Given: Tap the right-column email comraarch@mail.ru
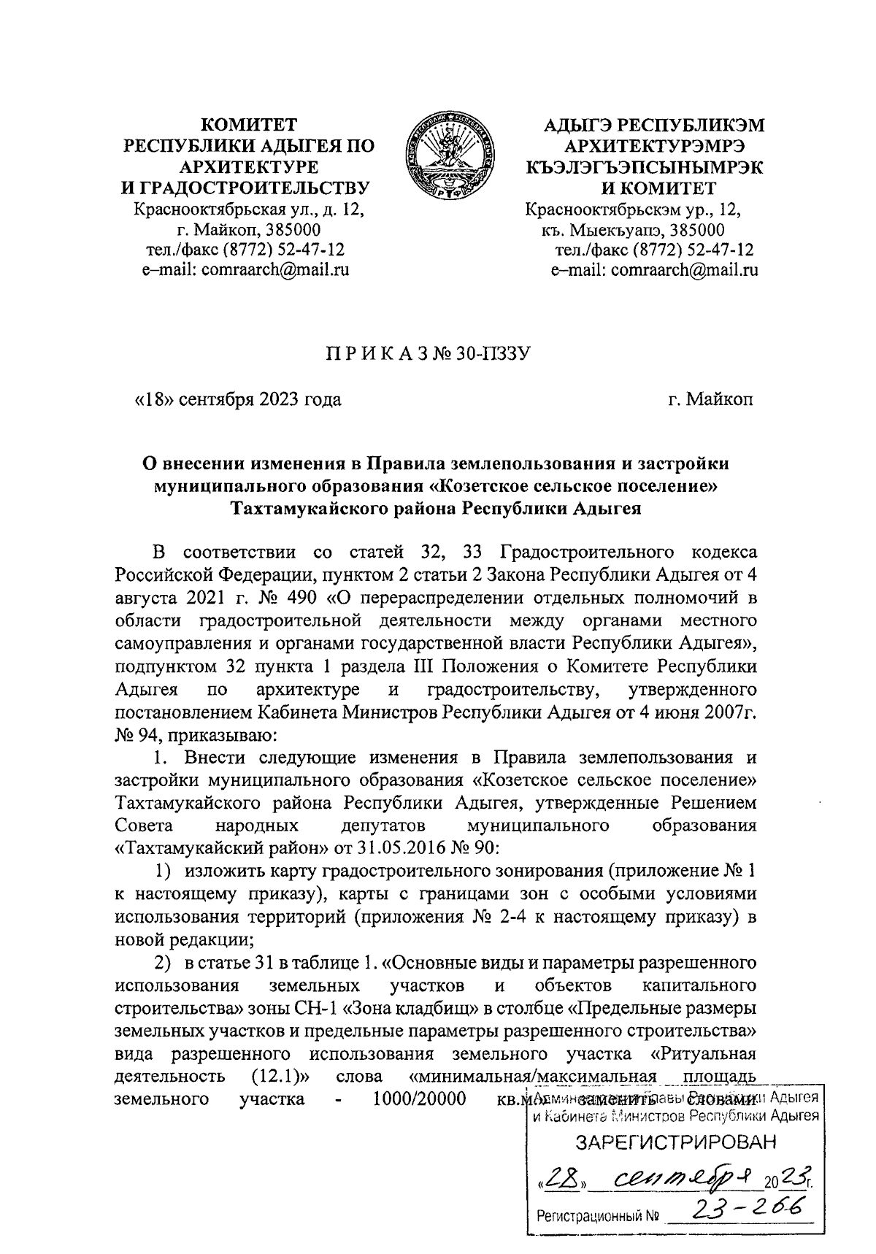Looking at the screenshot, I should click(x=655, y=269).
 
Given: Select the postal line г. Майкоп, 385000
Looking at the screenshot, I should click(x=245, y=231).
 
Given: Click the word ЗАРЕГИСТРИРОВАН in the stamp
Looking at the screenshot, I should click(x=675, y=1142).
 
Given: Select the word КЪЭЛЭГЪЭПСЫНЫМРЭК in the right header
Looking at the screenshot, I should click(x=645, y=167).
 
